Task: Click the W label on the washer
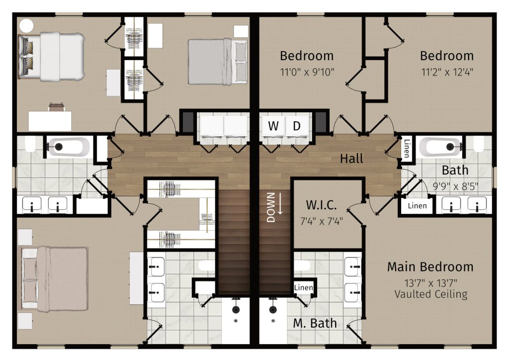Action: pos(273,126)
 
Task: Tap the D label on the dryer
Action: pos(297,126)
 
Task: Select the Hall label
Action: pos(351,159)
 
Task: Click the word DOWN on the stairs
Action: pos(271,207)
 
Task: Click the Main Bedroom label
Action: pos(430,267)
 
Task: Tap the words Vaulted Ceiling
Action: pos(430,294)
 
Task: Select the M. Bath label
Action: pos(315,323)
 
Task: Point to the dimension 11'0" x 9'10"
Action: pos(307,71)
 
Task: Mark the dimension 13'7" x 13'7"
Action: pos(430,282)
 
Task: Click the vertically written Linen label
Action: pos(406,148)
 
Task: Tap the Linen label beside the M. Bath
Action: pos(303,288)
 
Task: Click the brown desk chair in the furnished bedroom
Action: pos(56,106)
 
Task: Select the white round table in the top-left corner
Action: pos(26,25)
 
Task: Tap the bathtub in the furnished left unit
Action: pos(69,147)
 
